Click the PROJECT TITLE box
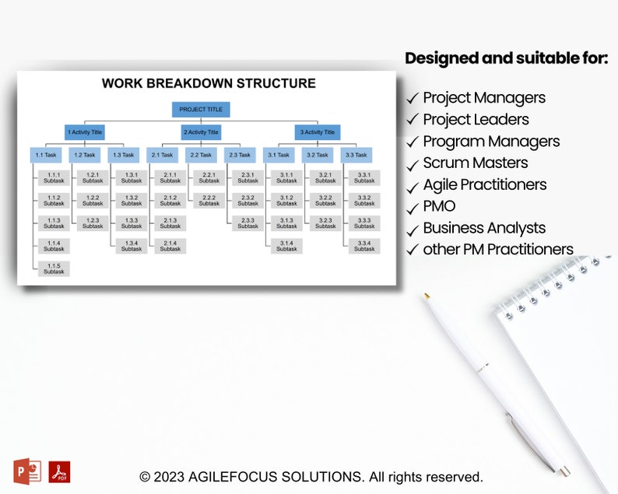point(201,110)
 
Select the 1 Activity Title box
point(84,132)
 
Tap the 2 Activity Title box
point(201,132)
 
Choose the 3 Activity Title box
point(318,132)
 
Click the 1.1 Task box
point(45,155)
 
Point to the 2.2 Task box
point(201,155)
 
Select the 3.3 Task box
point(356,155)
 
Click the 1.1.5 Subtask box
point(54,268)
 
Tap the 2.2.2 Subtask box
point(209,201)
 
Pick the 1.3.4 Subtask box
point(132,246)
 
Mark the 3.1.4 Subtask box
point(286,246)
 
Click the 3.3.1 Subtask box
point(364,177)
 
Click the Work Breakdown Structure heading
point(209,83)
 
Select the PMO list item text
point(439,206)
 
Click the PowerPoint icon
point(27,471)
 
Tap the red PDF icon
point(59,471)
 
